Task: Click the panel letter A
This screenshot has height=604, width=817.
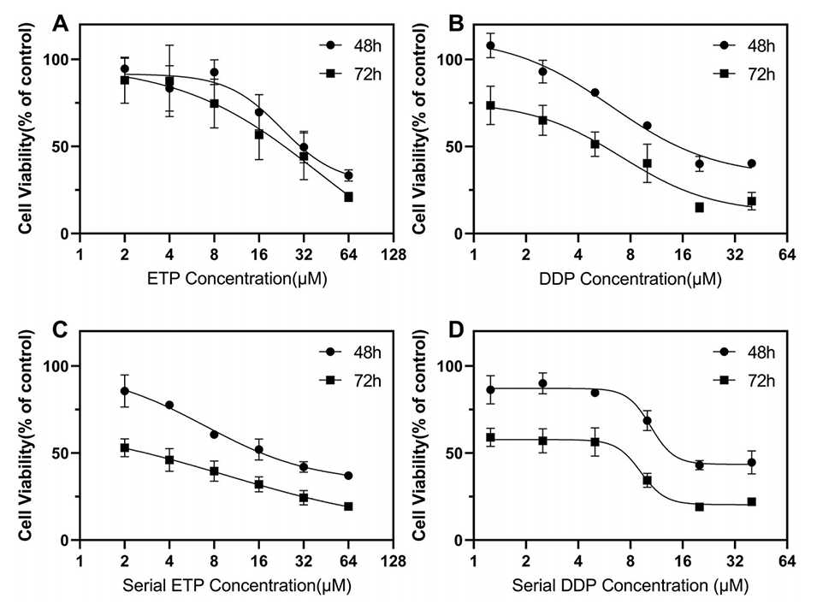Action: click(61, 23)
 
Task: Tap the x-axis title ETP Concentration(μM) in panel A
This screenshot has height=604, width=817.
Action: click(237, 278)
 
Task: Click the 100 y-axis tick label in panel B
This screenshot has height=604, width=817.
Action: click(447, 60)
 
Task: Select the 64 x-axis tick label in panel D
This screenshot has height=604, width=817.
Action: click(788, 562)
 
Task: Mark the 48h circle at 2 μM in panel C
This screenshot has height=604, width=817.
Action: click(125, 391)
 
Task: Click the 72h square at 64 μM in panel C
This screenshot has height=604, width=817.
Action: click(349, 506)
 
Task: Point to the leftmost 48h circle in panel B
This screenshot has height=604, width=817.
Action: click(490, 45)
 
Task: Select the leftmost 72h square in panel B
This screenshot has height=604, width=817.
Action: click(490, 105)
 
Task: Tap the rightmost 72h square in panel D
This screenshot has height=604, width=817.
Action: click(752, 501)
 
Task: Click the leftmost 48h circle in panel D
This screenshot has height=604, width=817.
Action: click(490, 390)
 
